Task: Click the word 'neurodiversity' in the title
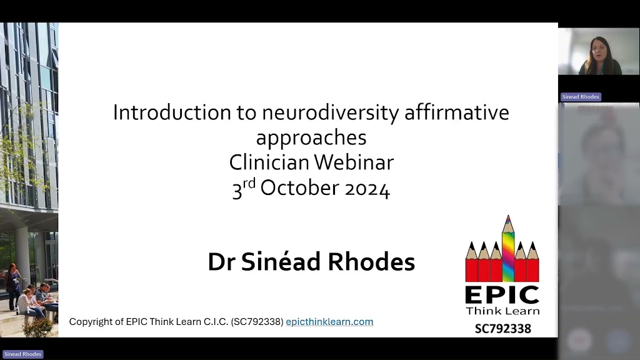click(x=331, y=113)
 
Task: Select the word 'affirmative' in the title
click(x=457, y=112)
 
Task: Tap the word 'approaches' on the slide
click(x=311, y=138)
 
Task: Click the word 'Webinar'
click(x=354, y=162)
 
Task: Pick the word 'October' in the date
click(x=299, y=187)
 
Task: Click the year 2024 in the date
click(x=367, y=189)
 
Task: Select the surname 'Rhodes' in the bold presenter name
click(x=371, y=262)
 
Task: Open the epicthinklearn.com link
click(x=329, y=322)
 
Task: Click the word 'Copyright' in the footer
click(x=91, y=322)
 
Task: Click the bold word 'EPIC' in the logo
click(x=502, y=295)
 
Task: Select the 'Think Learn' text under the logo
click(x=502, y=311)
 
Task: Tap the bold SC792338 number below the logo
click(x=503, y=329)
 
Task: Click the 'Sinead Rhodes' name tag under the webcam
click(x=581, y=97)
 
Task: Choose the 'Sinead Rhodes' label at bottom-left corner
click(x=22, y=354)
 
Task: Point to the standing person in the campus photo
click(x=13, y=285)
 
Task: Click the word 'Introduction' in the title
click(x=172, y=112)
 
